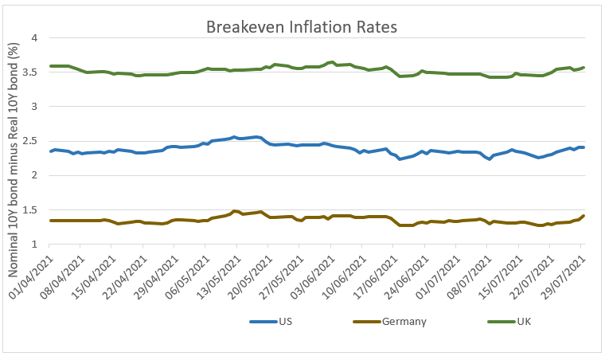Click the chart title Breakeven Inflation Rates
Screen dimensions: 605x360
point(302,27)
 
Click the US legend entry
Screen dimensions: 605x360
point(271,322)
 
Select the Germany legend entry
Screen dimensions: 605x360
point(390,322)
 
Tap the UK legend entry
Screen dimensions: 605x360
point(509,322)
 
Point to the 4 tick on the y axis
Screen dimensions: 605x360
point(34,37)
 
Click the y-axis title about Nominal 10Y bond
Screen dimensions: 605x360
point(13,159)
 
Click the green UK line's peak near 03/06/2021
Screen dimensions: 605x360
point(332,62)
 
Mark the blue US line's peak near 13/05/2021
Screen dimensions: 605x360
point(234,137)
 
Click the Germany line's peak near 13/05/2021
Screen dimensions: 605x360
point(234,211)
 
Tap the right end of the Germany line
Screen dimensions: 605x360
point(584,216)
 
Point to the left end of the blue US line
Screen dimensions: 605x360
point(50,151)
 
